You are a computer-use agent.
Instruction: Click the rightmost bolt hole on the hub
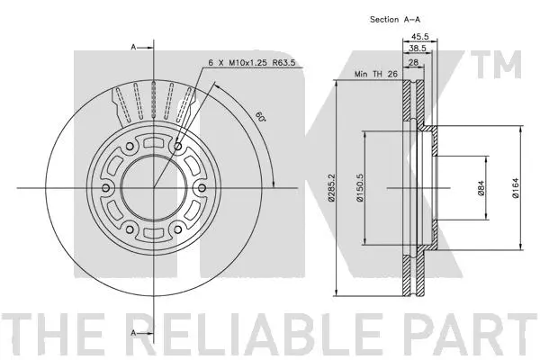coord(201,187)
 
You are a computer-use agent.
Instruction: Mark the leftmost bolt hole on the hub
coord(106,187)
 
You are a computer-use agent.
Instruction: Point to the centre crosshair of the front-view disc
coord(153,187)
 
